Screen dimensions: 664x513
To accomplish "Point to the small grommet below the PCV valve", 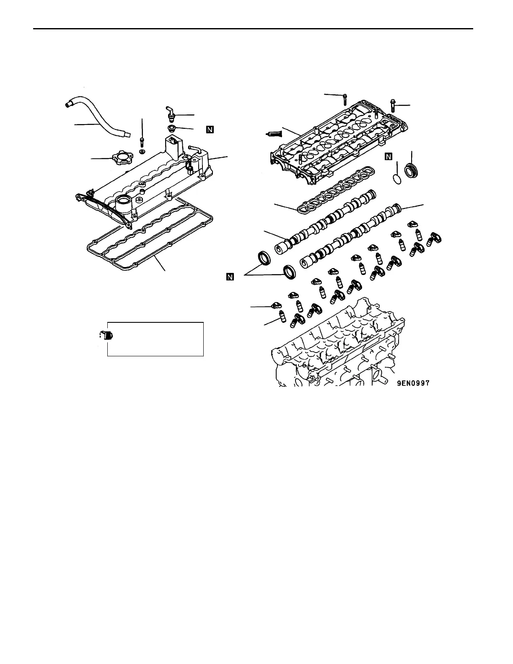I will [171, 127].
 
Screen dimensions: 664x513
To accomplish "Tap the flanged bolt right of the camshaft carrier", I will [392, 105].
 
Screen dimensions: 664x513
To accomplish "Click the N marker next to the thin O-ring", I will [388, 156].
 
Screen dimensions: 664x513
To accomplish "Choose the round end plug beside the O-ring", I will [412, 172].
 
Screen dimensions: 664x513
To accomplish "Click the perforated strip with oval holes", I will [335, 191].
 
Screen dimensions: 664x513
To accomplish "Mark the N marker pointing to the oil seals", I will [229, 276].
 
